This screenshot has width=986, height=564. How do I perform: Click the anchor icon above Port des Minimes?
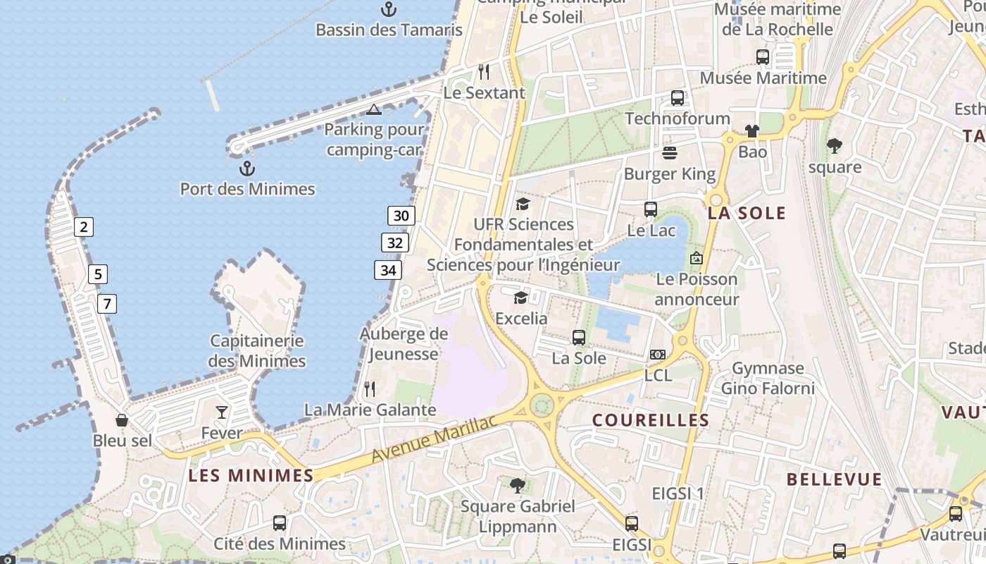pyautogui.click(x=246, y=168)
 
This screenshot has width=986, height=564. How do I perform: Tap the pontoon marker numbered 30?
pyautogui.click(x=401, y=216)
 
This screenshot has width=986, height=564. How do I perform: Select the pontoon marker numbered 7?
pyautogui.click(x=106, y=304)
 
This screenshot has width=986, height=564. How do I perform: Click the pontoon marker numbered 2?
pyautogui.click(x=84, y=227)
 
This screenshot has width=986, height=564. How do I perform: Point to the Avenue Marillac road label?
pyautogui.click(x=434, y=439)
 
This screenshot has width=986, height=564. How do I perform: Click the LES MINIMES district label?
pyautogui.click(x=251, y=476)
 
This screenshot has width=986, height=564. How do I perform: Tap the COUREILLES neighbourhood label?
pyautogui.click(x=651, y=420)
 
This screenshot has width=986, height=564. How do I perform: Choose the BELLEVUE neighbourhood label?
pyautogui.click(x=834, y=480)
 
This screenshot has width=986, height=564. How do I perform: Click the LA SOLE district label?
pyautogui.click(x=747, y=214)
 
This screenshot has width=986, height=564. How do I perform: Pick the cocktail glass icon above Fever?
pyautogui.click(x=222, y=412)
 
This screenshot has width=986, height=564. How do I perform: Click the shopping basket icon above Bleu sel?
pyautogui.click(x=122, y=420)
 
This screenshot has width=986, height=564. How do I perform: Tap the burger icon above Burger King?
pyautogui.click(x=669, y=153)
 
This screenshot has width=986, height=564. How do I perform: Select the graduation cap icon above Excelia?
pyautogui.click(x=520, y=298)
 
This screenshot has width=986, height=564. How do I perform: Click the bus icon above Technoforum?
pyautogui.click(x=678, y=98)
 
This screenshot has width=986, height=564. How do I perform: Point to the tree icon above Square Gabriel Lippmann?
pyautogui.click(x=518, y=485)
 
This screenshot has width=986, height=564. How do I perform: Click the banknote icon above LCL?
pyautogui.click(x=658, y=354)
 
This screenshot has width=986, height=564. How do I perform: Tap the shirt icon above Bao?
pyautogui.click(x=752, y=131)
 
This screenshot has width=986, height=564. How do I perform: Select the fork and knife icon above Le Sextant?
pyautogui.click(x=484, y=71)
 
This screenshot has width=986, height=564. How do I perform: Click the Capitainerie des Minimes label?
pyautogui.click(x=257, y=351)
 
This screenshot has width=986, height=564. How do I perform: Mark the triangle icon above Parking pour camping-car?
pyautogui.click(x=374, y=109)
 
